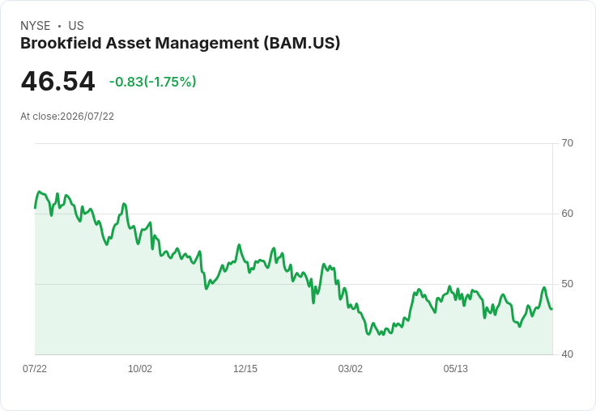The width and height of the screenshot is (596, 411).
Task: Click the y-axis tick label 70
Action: click(567, 143)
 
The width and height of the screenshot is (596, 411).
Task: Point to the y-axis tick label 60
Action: click(567, 214)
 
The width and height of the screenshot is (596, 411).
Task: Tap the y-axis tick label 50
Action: click(567, 284)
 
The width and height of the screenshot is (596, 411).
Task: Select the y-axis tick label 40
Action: click(567, 354)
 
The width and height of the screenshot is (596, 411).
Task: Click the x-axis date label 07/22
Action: click(35, 368)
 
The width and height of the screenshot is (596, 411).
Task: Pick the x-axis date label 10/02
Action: click(140, 368)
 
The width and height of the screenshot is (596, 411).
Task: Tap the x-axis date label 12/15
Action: click(245, 368)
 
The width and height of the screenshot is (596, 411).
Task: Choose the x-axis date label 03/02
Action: click(350, 368)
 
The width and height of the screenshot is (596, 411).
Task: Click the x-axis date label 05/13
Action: click(455, 368)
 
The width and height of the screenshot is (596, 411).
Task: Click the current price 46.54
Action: click(57, 81)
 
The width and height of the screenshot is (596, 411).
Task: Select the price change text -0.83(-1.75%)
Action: click(152, 82)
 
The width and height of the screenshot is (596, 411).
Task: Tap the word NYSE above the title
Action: click(36, 26)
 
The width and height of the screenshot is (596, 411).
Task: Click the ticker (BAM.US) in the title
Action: click(302, 43)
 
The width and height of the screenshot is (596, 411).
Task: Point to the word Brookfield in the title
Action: click(61, 43)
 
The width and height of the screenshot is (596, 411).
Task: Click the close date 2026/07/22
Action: click(87, 117)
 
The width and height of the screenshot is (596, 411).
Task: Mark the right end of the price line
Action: click(552, 309)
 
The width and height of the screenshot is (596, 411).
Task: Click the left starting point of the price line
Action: click(35, 208)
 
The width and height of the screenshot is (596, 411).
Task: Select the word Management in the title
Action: click(207, 44)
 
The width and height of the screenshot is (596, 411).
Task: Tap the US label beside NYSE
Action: click(76, 26)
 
